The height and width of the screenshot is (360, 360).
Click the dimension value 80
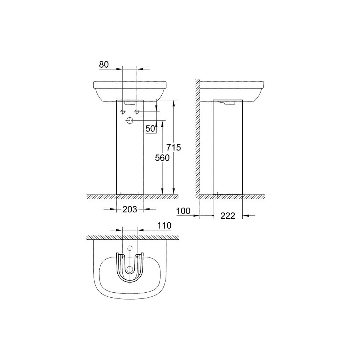pos(104,64)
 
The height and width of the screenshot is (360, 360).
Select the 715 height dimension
pos(174,147)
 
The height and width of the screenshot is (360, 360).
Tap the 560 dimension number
pos(162,158)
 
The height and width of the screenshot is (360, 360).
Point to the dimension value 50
pos(150,129)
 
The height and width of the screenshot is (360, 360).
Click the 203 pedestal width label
pos(130,209)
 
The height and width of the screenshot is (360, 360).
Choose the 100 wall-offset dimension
pos(184,211)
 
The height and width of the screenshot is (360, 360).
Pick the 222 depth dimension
pos(228,216)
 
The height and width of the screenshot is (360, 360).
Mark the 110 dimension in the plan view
pos(164,225)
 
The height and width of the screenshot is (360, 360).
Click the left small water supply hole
pos(123,112)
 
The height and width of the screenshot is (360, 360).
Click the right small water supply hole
pos(137,112)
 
